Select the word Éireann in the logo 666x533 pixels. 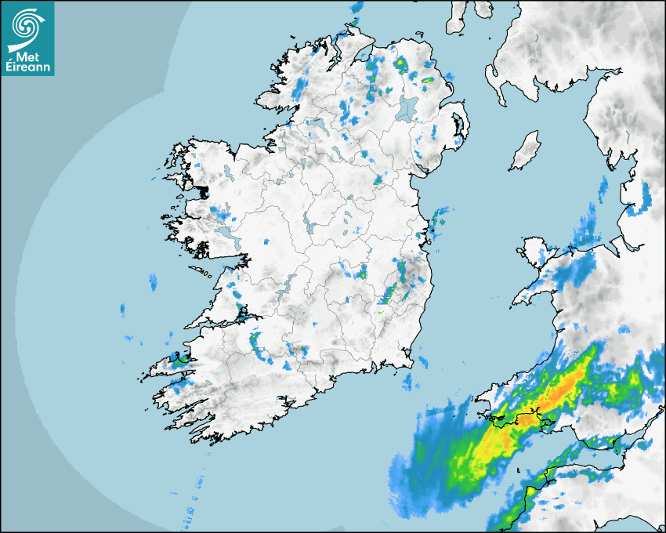click(x=27, y=67)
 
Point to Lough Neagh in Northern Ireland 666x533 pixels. click(x=407, y=108)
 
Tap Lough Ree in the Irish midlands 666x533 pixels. click(x=309, y=226)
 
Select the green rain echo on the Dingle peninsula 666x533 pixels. click(x=179, y=361)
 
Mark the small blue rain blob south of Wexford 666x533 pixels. click(x=408, y=383)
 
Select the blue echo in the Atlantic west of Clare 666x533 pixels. click(x=153, y=280)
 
